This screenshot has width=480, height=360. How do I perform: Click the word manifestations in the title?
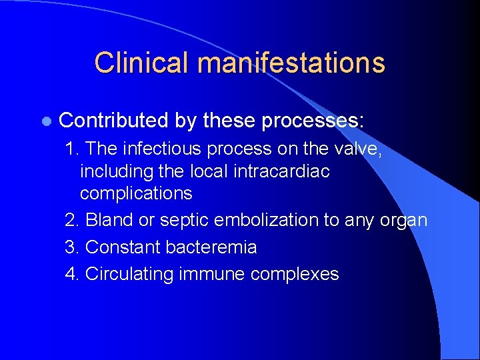(x=291, y=63)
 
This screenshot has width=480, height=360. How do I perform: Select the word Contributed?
(x=113, y=121)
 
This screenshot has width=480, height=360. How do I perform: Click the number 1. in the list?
(x=73, y=148)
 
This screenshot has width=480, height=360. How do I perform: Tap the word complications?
(x=136, y=194)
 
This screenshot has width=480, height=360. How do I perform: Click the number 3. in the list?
(x=73, y=247)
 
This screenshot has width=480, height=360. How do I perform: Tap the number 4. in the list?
(x=73, y=274)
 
